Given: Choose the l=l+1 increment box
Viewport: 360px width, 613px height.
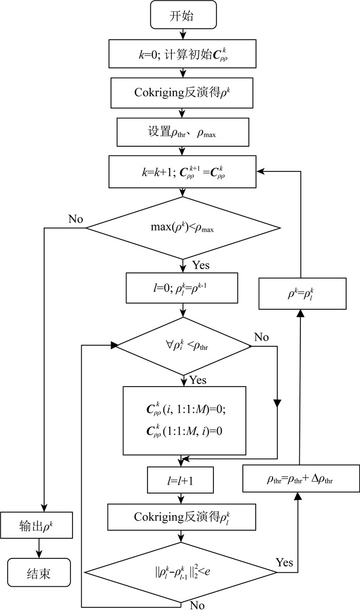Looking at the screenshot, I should point(179,480).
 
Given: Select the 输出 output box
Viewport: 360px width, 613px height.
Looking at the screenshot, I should point(39,528).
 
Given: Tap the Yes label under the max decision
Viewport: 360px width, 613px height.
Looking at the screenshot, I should point(200,266).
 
